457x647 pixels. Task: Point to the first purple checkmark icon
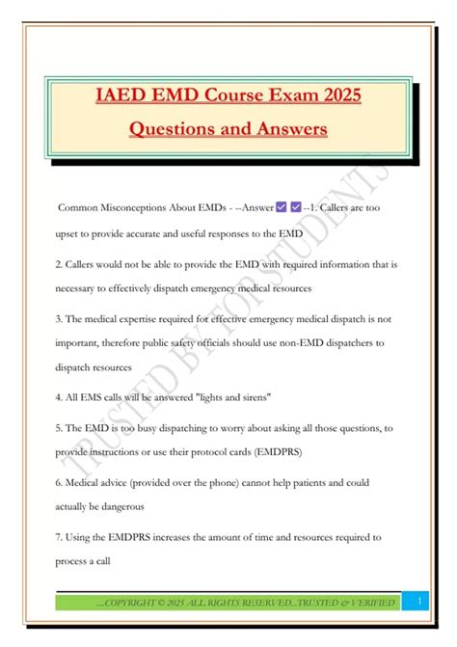click(x=282, y=207)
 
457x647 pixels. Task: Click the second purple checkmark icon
click(x=296, y=207)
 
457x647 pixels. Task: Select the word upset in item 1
click(x=69, y=234)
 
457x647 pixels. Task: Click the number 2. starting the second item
click(x=58, y=262)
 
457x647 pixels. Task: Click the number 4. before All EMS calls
click(x=58, y=395)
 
